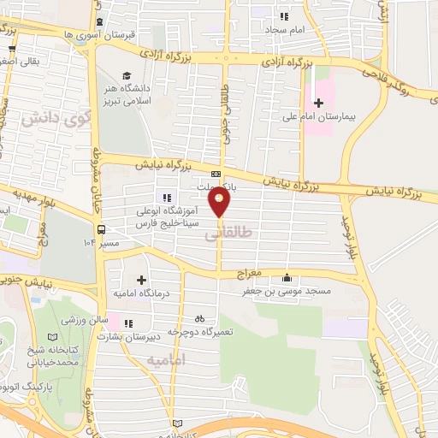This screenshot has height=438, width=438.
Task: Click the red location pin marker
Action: tap(221, 204)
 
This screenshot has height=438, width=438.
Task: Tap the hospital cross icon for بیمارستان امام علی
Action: tap(318, 104)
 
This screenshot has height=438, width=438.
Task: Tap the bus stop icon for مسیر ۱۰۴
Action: tap(101, 229)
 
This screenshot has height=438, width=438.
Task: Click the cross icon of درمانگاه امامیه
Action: tap(141, 280)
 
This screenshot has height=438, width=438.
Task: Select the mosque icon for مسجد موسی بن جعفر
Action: tap(287, 276)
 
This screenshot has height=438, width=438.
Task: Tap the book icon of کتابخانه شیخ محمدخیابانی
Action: tap(56, 337)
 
